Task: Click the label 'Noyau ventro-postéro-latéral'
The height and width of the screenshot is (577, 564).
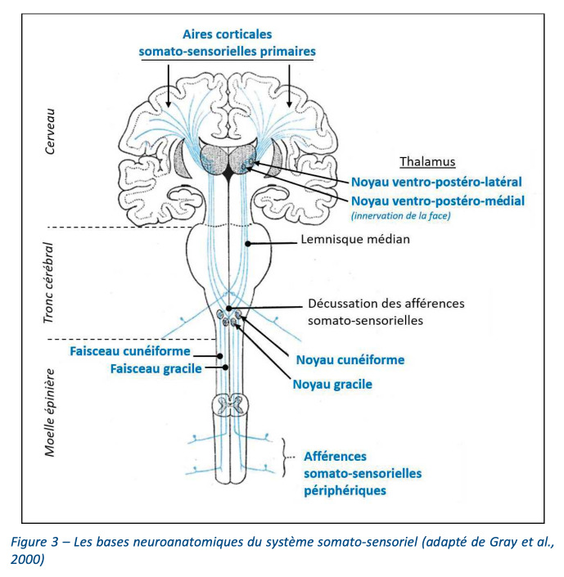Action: click(x=436, y=182)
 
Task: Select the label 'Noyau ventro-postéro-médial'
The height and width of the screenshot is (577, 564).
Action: click(x=438, y=201)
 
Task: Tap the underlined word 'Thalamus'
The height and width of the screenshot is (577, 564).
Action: click(x=427, y=161)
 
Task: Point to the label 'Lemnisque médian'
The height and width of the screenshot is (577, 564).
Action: click(x=355, y=239)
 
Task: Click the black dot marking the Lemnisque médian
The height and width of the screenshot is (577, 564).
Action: click(x=248, y=244)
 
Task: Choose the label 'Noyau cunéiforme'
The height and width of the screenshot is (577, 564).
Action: click(x=350, y=360)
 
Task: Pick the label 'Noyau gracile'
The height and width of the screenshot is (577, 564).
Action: click(x=332, y=384)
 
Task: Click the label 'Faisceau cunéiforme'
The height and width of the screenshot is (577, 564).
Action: click(x=130, y=351)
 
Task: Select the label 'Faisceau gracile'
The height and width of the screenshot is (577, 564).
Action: click(x=156, y=369)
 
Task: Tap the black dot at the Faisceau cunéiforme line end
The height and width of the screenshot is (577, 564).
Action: click(x=219, y=356)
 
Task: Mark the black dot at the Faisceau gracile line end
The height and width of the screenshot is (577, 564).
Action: click(x=225, y=367)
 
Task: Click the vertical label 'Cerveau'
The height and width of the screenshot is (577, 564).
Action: click(x=50, y=132)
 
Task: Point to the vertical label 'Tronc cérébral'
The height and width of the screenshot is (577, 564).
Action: click(x=48, y=283)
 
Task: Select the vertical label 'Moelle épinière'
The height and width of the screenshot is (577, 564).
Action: click(x=50, y=412)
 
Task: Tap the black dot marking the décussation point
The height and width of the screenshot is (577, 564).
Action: click(x=229, y=309)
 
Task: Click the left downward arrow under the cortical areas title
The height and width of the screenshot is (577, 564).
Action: click(x=169, y=86)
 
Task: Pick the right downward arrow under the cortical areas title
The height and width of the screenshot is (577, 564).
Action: click(x=289, y=86)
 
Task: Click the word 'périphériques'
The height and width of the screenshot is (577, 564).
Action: click(x=345, y=490)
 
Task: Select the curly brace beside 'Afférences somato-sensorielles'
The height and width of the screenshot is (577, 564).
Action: click(x=284, y=458)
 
